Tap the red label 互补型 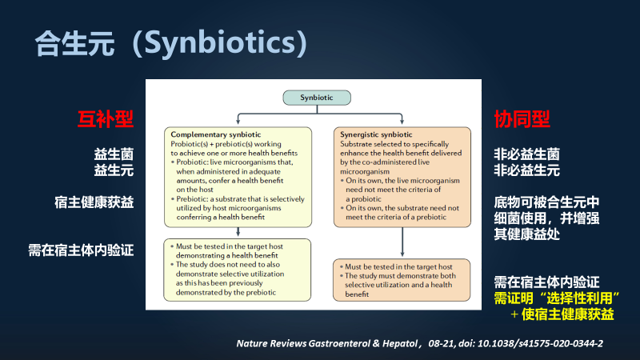tap(106, 119)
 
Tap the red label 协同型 tap(522, 119)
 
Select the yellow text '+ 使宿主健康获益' tap(562, 314)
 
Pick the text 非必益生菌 tap(526, 154)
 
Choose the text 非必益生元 tap(526, 170)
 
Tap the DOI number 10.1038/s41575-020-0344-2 tap(535, 342)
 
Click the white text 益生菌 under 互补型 tap(114, 154)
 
